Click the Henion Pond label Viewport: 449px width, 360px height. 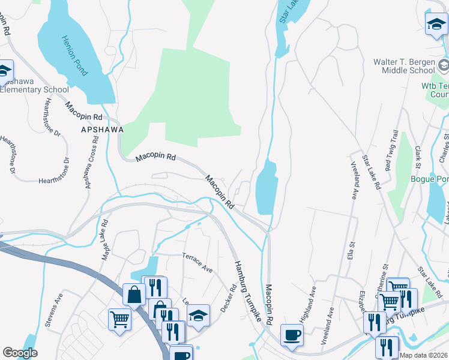[74, 56]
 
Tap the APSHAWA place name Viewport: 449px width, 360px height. [103, 129]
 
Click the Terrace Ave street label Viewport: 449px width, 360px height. [197, 263]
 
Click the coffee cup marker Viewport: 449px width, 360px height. [292, 335]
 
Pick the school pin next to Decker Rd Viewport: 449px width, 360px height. [199, 316]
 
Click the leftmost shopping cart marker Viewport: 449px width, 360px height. [119, 319]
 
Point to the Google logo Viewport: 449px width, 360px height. [20, 352]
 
